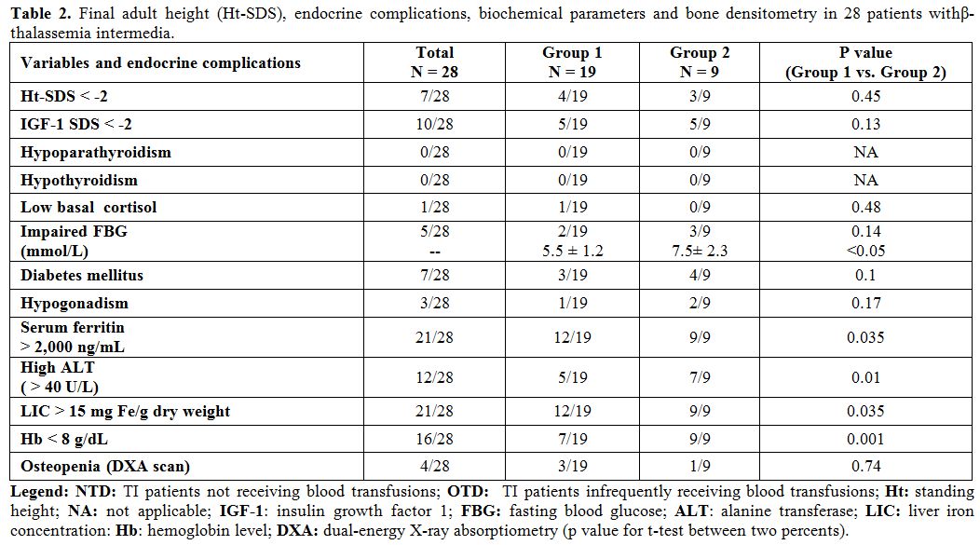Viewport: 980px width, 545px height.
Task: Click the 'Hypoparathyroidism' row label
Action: pyautogui.click(x=96, y=153)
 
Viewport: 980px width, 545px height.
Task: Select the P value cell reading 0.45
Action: pyautogui.click(x=865, y=96)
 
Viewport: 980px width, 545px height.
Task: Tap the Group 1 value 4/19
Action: pyautogui.click(x=573, y=96)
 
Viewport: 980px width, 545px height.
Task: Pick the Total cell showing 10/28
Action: pyautogui.click(x=434, y=125)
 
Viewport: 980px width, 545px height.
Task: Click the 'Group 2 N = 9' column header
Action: pyautogui.click(x=700, y=62)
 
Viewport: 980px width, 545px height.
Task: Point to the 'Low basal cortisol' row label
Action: pyautogui.click(x=88, y=208)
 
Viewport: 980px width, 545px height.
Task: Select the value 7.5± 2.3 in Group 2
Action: pyautogui.click(x=700, y=252)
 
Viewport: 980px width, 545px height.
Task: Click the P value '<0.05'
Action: pyautogui.click(x=865, y=252)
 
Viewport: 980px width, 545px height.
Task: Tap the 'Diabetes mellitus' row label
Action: pyautogui.click(x=82, y=276)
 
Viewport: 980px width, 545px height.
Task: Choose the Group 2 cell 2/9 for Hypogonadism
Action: pyautogui.click(x=700, y=303)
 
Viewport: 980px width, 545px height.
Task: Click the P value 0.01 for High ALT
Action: pyautogui.click(x=865, y=377)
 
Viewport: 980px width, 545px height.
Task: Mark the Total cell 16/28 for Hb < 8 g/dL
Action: pyautogui.click(x=434, y=440)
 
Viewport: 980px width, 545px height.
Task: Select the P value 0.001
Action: pyautogui.click(x=865, y=440)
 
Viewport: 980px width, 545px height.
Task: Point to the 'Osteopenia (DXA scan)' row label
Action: pyautogui.click(x=105, y=467)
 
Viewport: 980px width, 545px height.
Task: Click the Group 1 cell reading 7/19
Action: pyautogui.click(x=573, y=440)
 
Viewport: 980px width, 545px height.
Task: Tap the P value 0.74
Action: pyautogui.click(x=865, y=466)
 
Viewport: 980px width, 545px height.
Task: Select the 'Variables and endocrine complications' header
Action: pyautogui.click(x=160, y=63)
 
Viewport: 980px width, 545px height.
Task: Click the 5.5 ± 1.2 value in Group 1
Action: pyautogui.click(x=573, y=252)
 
